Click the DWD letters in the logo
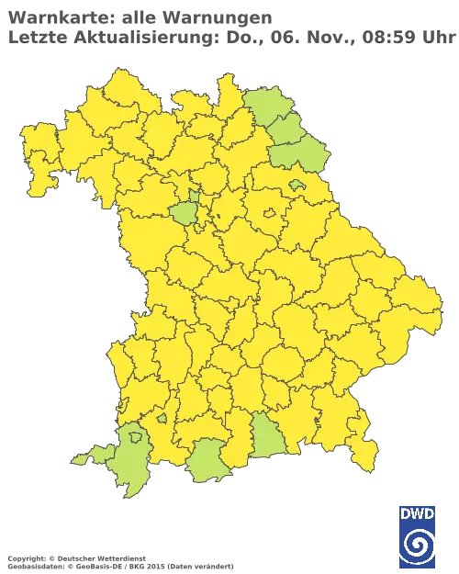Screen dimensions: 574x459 (x=417, y=512)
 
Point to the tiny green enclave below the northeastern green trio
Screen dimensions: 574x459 (x=297, y=185)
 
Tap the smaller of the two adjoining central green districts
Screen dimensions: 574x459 (x=195, y=195)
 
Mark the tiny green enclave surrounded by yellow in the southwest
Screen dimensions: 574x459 (x=162, y=418)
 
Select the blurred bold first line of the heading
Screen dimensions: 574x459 (x=138, y=17)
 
